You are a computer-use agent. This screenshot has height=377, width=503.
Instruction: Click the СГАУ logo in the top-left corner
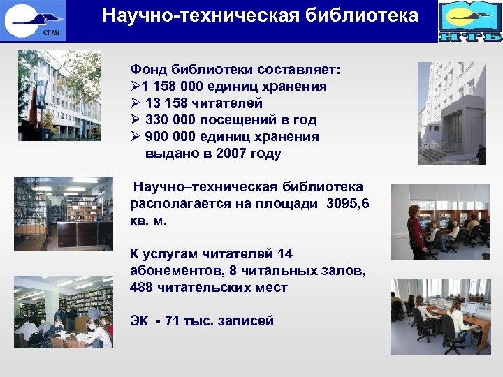[x=34, y=20]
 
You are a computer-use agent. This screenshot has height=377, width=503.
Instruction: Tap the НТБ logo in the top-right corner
[x=470, y=21]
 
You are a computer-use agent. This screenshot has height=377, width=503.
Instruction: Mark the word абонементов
[x=174, y=270]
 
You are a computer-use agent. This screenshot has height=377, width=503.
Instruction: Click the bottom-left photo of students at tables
[x=63, y=311]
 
